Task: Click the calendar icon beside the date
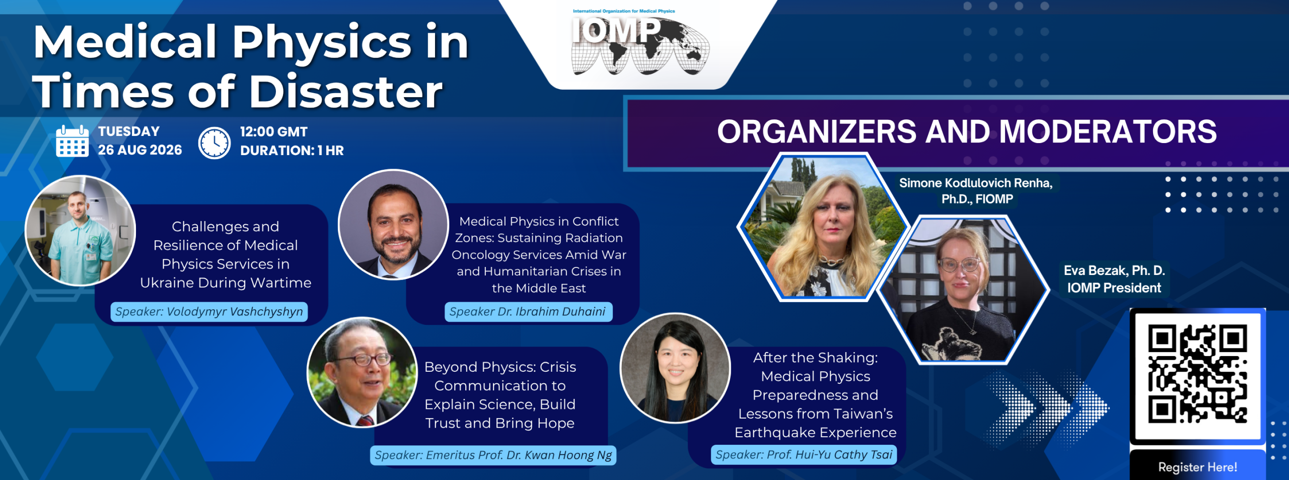(x=72, y=141)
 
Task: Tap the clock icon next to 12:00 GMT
(x=214, y=143)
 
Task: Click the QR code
(x=1197, y=374)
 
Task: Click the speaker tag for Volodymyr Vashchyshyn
(x=209, y=312)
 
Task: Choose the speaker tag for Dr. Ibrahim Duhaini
(x=528, y=312)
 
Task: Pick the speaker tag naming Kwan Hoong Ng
(x=493, y=455)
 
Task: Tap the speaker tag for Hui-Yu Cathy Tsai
(x=804, y=455)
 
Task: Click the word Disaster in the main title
(x=345, y=92)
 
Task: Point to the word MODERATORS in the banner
(x=1108, y=131)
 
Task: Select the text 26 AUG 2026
(x=140, y=150)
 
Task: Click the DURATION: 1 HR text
(x=292, y=151)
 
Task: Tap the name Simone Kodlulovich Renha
(x=975, y=183)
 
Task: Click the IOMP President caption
(x=1114, y=288)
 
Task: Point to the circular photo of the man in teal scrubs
(x=81, y=231)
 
